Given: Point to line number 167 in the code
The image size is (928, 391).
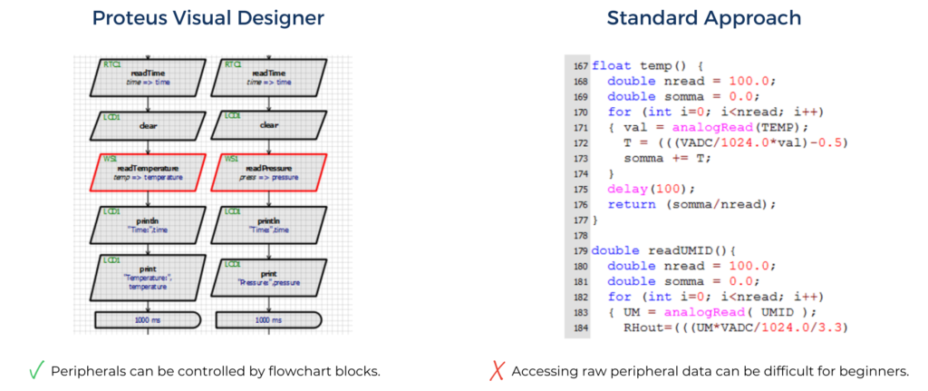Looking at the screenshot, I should [580, 66].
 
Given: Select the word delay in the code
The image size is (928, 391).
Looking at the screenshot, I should [626, 189].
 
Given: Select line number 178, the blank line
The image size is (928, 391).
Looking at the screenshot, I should [580, 235].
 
